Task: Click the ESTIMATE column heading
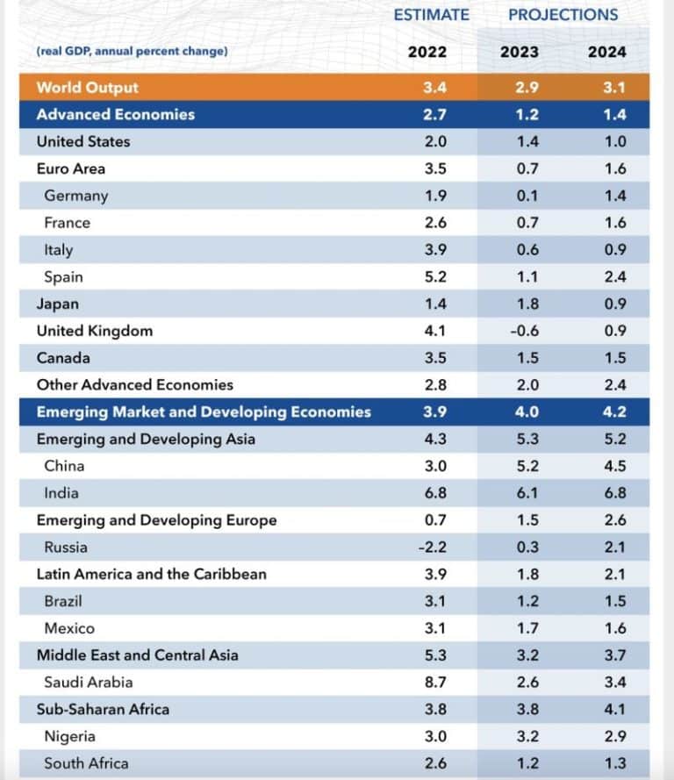point(431,15)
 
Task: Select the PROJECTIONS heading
point(563,15)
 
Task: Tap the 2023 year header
point(520,52)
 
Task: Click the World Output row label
point(87,88)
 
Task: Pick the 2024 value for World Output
point(607,88)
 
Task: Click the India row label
point(61,493)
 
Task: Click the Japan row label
point(57,304)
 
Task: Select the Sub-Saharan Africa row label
point(103,709)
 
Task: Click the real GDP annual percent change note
point(132,52)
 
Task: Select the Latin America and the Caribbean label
point(151,574)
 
